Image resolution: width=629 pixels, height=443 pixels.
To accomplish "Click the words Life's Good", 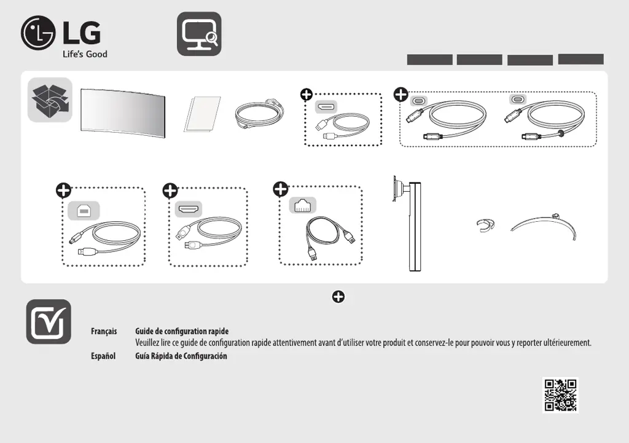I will coord(85,54).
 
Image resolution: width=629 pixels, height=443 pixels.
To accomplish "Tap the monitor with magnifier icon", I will coord(199,34).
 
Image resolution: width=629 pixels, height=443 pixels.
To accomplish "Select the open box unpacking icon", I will coord(50,100).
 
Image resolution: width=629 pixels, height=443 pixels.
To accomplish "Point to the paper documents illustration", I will coord(202,114).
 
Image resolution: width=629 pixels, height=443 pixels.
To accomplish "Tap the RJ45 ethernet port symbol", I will coord(302,205).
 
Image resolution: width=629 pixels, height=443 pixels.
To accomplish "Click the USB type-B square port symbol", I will coord(82,210).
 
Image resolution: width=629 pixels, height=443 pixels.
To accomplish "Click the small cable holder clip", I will coord(485,225).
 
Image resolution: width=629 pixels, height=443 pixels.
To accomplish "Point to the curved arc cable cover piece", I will coord(545,226).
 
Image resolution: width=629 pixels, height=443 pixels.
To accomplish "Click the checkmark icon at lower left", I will coord(49,321).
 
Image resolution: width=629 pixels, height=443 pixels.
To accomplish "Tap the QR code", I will coord(560,394).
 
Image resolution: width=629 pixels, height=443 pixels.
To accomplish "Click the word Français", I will coord(104,332).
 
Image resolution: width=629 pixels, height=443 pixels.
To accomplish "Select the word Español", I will coord(103,356).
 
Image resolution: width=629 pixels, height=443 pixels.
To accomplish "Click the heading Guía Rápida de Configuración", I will coord(181,356).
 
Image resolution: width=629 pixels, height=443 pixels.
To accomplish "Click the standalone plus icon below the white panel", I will coord(338,297).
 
